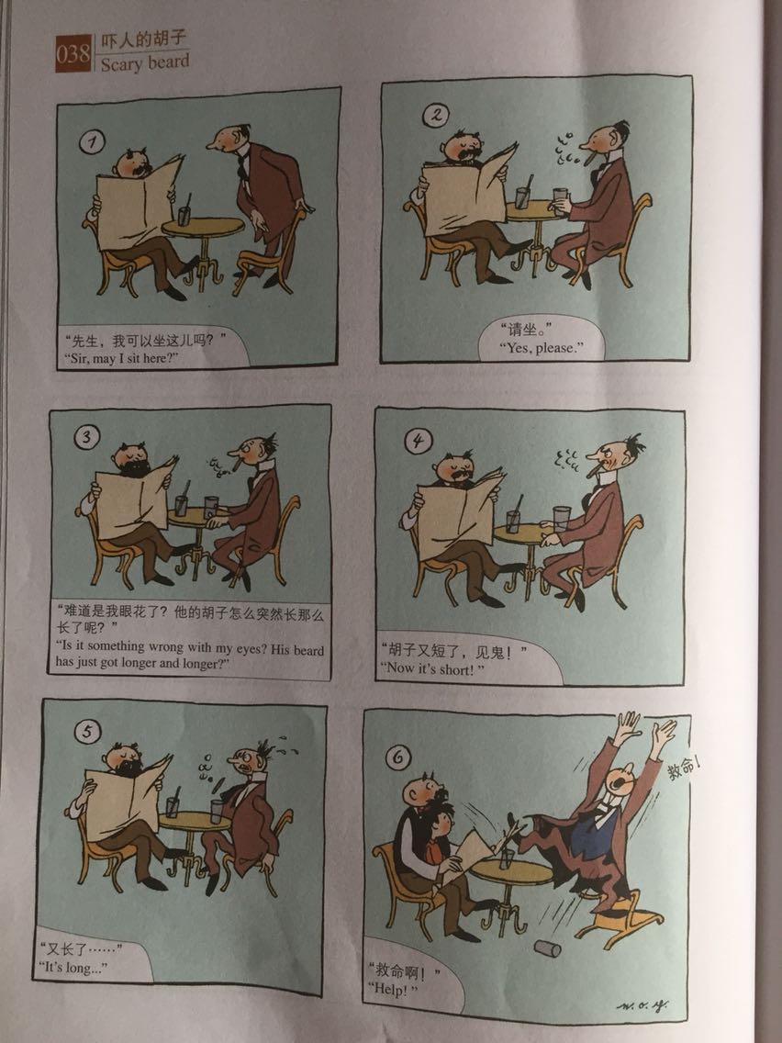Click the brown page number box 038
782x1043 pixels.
(x=73, y=53)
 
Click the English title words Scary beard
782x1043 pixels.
(x=145, y=62)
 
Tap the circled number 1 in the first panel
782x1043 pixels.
(x=91, y=141)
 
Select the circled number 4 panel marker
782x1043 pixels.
(x=419, y=441)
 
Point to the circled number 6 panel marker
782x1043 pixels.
(x=397, y=757)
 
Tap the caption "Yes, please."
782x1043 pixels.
(x=542, y=347)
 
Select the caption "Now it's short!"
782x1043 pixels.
(x=432, y=667)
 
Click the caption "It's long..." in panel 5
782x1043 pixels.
(x=73, y=967)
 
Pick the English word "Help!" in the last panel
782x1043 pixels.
(x=394, y=989)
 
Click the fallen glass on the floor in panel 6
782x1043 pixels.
(x=548, y=948)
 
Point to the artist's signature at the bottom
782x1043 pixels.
(x=642, y=1006)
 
